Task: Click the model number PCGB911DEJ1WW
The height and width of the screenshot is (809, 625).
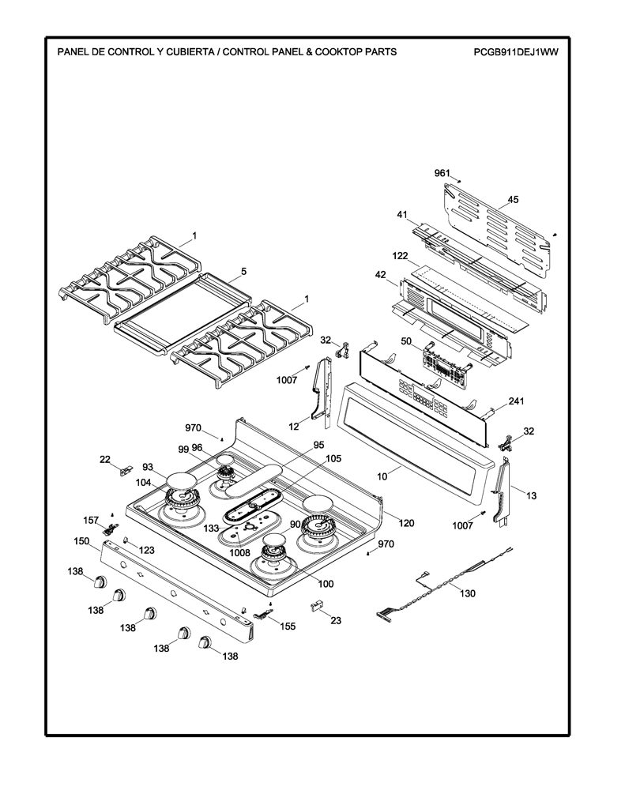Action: [516, 51]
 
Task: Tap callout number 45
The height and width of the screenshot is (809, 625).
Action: [513, 200]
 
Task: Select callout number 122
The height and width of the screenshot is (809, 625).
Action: [400, 255]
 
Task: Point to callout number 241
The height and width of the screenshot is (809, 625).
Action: [517, 401]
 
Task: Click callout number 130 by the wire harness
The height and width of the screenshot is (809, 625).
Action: [468, 593]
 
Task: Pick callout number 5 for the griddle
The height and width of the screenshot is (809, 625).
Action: [244, 271]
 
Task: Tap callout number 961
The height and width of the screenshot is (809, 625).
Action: [442, 173]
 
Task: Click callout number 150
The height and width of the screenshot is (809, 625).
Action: [81, 541]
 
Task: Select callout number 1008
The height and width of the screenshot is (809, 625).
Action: [240, 552]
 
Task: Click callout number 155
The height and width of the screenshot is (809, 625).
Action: [288, 627]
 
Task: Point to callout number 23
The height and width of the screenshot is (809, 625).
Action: [336, 620]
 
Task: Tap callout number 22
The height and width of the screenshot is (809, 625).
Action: [105, 459]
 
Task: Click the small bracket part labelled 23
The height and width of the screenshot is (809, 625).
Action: [315, 605]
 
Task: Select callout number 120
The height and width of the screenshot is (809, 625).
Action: [407, 523]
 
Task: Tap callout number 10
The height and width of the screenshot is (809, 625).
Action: [382, 476]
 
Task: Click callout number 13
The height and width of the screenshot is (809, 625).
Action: [532, 496]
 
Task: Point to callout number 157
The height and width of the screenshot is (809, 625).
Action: [91, 520]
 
